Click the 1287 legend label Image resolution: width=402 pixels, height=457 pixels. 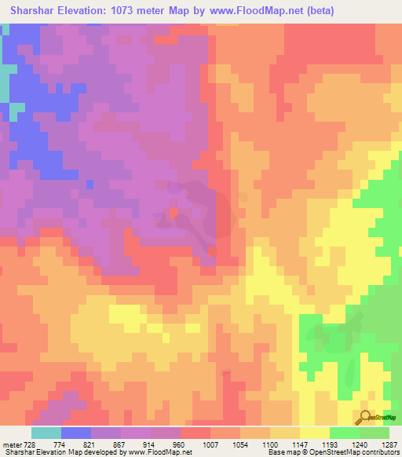[x=391, y=444]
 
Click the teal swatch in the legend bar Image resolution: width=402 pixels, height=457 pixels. [x=46, y=433]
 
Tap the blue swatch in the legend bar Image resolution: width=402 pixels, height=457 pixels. [x=76, y=433]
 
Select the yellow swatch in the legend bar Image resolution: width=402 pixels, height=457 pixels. [x=314, y=433]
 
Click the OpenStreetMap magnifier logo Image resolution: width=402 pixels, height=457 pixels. [x=366, y=418]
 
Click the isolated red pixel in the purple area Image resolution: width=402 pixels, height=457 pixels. [x=173, y=212]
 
